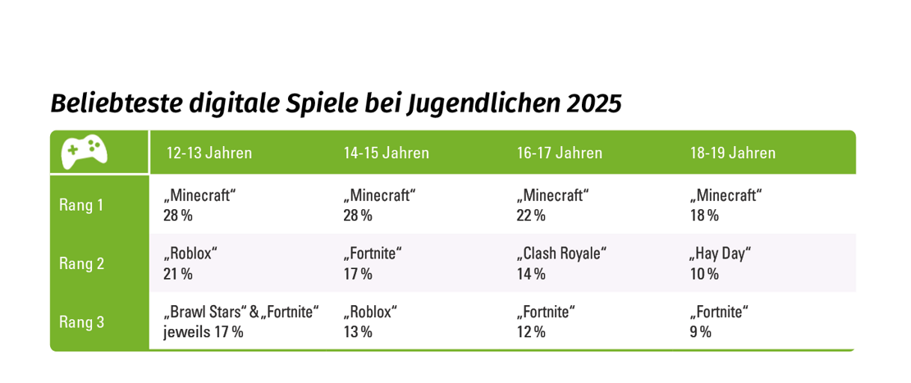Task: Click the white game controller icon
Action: [85, 152]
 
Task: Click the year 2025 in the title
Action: [593, 104]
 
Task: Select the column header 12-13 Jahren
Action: [209, 153]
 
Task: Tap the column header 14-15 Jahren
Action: [386, 153]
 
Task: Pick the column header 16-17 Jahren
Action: [560, 153]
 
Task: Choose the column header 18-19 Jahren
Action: [733, 153]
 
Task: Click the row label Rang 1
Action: [81, 205]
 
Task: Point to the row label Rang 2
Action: [81, 263]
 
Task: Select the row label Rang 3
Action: [81, 321]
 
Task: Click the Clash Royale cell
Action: [561, 263]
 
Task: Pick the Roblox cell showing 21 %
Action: [190, 263]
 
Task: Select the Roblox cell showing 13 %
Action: [370, 321]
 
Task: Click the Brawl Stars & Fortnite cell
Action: [241, 321]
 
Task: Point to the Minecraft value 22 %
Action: [531, 216]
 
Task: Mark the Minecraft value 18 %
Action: [704, 216]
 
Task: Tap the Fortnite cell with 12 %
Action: [546, 321]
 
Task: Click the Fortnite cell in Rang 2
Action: [373, 263]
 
